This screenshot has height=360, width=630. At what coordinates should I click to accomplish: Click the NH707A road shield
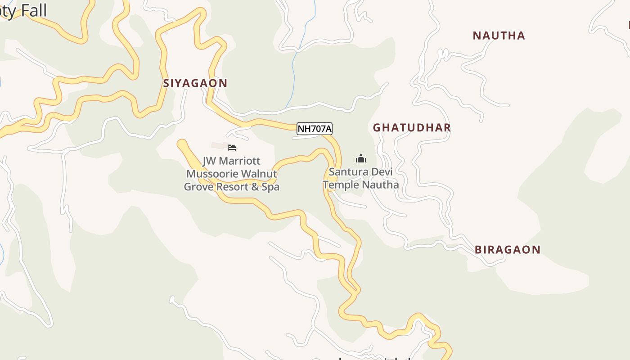[x=315, y=129]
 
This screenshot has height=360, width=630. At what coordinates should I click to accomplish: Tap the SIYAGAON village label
[x=195, y=83]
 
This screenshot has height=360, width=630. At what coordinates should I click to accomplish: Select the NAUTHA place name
[x=499, y=36]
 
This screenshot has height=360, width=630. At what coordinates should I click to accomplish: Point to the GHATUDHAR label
[x=412, y=128]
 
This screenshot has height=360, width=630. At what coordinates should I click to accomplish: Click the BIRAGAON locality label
[x=508, y=250]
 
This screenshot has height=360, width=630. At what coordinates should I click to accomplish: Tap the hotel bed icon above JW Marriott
[x=232, y=147]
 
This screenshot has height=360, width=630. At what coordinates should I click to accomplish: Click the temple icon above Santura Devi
[x=360, y=158]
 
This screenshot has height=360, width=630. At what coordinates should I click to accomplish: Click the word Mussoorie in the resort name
[x=212, y=174]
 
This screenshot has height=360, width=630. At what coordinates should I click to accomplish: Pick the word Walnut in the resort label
[x=259, y=174]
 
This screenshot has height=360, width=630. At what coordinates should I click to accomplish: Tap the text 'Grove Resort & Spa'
[x=231, y=187]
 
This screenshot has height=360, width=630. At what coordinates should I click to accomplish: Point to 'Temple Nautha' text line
[x=360, y=184]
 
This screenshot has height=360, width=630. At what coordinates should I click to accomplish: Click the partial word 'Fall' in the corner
[x=33, y=10]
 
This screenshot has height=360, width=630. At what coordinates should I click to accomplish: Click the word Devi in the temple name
[x=380, y=172]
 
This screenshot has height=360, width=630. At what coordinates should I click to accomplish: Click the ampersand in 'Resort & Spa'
[x=255, y=187]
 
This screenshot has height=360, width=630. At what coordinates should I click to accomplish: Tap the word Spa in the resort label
[x=270, y=187]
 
